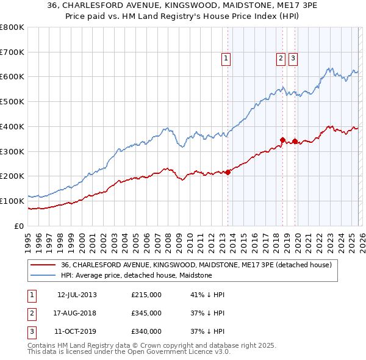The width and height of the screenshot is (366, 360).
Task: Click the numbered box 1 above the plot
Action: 226,59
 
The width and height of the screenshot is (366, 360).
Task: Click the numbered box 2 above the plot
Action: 281,59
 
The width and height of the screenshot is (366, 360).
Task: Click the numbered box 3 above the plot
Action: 293,59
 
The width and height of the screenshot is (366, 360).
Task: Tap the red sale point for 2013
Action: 228,172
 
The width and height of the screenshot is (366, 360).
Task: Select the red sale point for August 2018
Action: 282,140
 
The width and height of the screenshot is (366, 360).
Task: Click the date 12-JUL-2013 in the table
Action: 77,295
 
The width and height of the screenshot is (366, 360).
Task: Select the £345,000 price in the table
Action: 146,313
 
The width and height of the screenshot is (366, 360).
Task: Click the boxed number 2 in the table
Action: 30,313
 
